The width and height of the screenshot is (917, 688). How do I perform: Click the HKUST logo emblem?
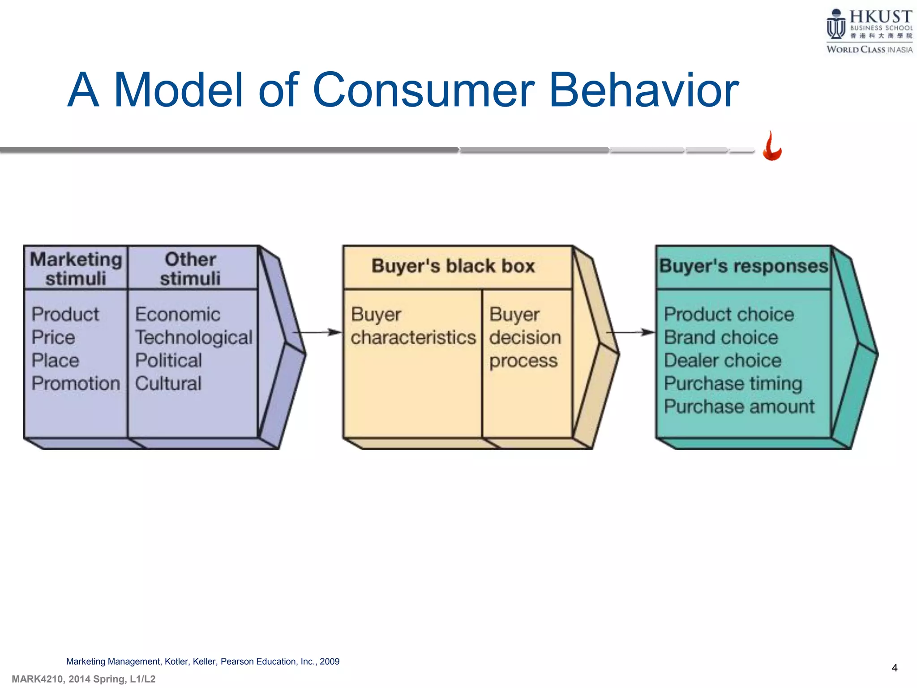coord(836,25)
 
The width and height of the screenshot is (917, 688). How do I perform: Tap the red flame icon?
coord(772,146)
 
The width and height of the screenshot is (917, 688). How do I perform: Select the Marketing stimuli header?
coord(76,268)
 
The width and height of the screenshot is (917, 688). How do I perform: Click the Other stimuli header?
coord(190,268)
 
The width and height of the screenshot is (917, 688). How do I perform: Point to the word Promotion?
coord(76,383)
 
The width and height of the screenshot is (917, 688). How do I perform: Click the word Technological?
coord(194,337)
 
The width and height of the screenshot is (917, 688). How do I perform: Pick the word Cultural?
coord(168,383)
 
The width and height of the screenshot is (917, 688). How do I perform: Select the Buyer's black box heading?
coord(453,266)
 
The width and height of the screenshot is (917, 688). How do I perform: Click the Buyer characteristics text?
coord(413,326)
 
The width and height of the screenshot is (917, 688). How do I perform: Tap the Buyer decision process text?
coord(524,337)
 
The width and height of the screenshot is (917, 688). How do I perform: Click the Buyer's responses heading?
coord(743,266)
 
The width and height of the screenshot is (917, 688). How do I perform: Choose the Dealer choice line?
coord(722,361)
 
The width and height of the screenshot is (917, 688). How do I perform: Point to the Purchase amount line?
coord(739,407)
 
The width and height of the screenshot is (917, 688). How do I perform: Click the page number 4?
coord(894,668)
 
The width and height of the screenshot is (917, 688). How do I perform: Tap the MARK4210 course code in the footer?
coord(38,679)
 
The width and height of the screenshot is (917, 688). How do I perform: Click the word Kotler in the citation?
coord(177,662)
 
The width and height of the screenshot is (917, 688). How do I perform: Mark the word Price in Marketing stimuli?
coord(53,337)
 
